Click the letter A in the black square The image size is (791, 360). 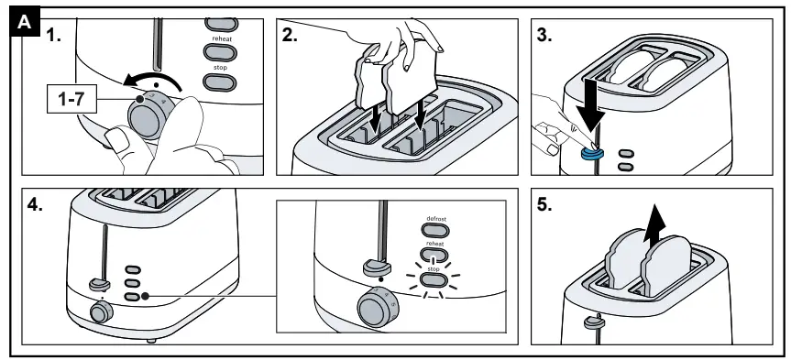tap(24, 23)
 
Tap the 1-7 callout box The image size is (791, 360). tap(71, 99)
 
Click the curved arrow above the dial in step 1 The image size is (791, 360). tap(152, 82)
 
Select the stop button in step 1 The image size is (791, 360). tap(220, 82)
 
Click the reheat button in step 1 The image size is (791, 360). tap(220, 52)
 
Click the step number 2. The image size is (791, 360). tap(290, 36)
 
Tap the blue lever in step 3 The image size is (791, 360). tap(589, 153)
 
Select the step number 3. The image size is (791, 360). tap(544, 36)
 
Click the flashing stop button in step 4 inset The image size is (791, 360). tap(434, 279)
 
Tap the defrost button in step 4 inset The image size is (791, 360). tap(434, 231)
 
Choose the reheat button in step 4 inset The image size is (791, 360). tap(434, 255)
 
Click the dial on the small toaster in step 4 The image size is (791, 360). tap(102, 312)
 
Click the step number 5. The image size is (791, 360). tap(544, 205)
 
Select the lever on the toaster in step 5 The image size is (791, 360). tap(594, 321)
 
